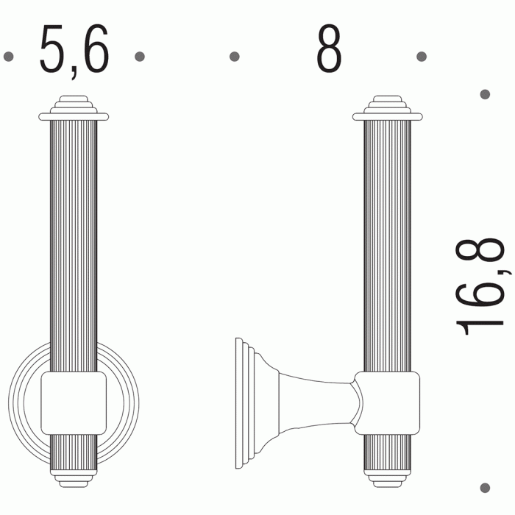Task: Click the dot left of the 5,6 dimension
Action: click(9, 57)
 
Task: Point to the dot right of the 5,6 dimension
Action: click(140, 57)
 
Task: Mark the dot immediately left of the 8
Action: click(235, 57)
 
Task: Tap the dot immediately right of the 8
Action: click(422, 57)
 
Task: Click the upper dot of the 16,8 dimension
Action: click(485, 94)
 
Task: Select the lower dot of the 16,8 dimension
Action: click(485, 487)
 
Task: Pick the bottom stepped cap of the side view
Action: click(387, 477)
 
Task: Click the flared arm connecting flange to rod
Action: click(309, 402)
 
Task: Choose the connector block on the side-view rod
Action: click(387, 402)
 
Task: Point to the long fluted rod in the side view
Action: click(387, 243)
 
